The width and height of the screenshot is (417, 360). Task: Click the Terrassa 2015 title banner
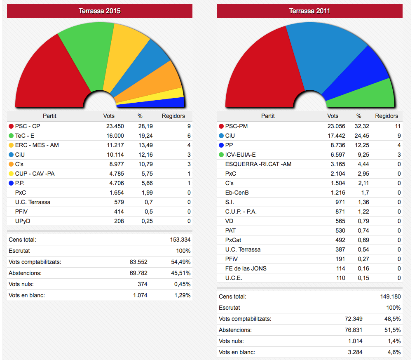[x=100, y=11]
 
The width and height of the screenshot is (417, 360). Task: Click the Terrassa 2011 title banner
[x=309, y=11]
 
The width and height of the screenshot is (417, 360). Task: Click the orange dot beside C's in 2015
[x=11, y=164]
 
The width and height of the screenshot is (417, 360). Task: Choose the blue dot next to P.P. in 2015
[x=11, y=183]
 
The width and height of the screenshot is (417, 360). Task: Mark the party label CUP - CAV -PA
[x=35, y=173]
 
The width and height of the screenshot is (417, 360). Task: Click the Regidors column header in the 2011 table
[x=387, y=116]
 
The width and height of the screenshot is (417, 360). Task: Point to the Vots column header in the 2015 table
[x=109, y=116]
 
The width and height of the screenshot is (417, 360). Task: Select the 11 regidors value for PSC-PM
[x=397, y=126]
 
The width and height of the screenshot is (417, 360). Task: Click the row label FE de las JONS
[x=246, y=268]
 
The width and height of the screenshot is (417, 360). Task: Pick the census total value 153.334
[x=180, y=240]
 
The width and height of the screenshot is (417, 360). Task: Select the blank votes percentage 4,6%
[x=394, y=352]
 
